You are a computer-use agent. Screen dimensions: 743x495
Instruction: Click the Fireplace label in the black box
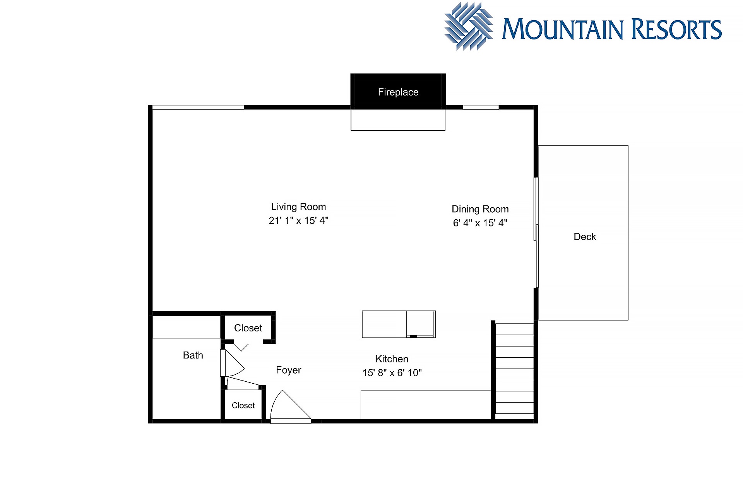coord(398,92)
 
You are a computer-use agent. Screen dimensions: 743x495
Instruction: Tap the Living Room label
coord(298,207)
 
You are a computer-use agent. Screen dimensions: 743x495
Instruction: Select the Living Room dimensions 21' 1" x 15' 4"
coord(298,220)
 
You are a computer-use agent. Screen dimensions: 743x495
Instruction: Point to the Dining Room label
coord(480,209)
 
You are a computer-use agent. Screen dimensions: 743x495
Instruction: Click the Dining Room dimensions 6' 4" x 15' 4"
coord(480,223)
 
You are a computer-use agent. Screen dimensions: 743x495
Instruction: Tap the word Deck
coord(585,237)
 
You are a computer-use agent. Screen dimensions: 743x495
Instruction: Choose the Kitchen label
coord(392,359)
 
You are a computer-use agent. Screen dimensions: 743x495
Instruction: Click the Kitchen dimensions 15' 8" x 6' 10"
coord(392,372)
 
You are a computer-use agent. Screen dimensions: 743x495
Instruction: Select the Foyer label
coord(288,370)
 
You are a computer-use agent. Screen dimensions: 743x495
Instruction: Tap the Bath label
coord(193,355)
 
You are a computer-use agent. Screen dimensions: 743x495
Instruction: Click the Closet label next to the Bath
coord(248,328)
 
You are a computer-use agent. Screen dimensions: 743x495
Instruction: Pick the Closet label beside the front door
coord(243,405)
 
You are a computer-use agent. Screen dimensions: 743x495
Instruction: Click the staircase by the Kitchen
coord(514,371)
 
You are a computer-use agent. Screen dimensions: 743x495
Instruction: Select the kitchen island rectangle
coord(399,324)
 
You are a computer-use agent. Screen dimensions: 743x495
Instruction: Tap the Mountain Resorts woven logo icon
coord(469,26)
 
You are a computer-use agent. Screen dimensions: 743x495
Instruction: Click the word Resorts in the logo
coord(676,29)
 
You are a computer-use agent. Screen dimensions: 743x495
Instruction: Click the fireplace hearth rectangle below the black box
coord(398,120)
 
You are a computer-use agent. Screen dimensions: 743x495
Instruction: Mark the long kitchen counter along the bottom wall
coord(426,405)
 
